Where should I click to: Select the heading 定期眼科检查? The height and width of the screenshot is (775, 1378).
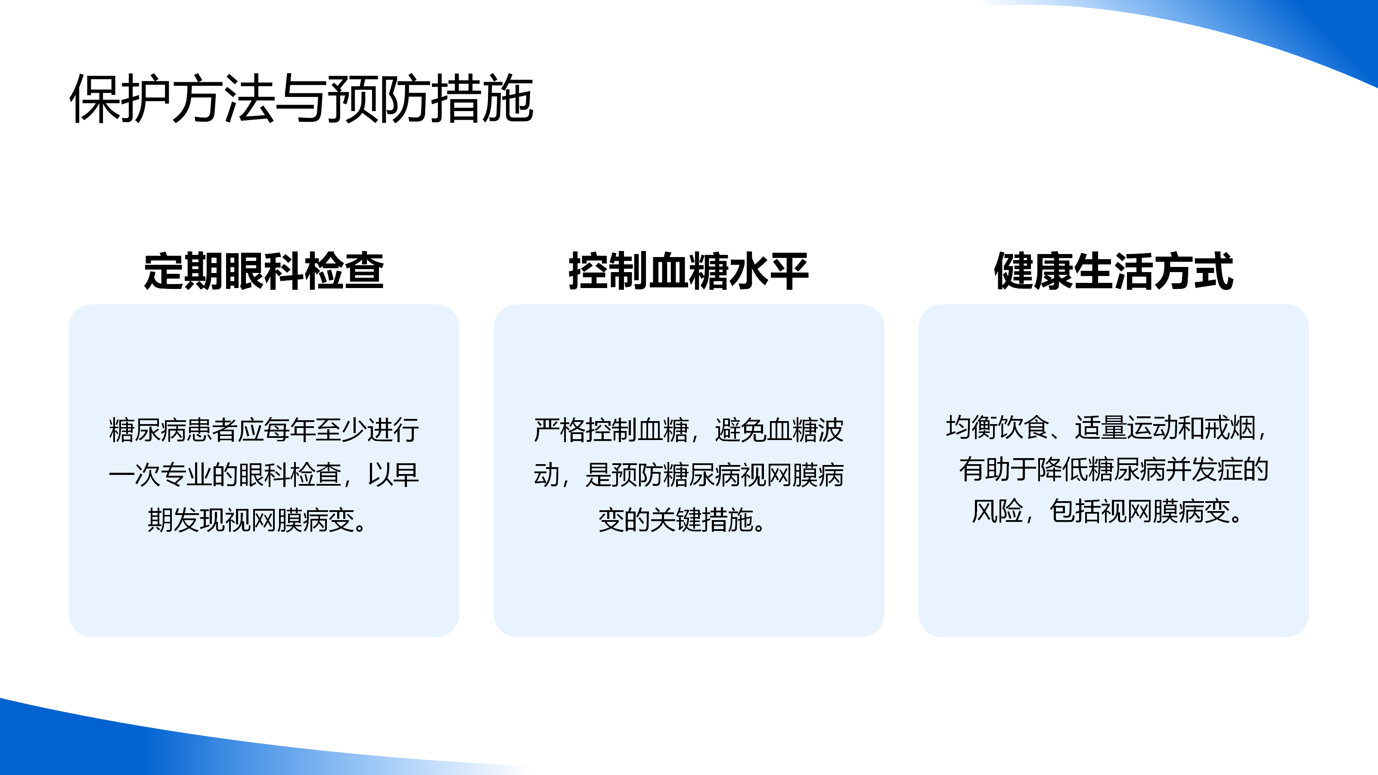point(264,271)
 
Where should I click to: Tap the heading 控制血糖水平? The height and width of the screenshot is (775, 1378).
point(689,271)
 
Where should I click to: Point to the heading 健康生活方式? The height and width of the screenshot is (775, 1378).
point(1113,271)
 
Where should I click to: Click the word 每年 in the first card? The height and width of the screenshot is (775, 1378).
point(289,430)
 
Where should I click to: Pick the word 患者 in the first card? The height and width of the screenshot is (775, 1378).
point(212,430)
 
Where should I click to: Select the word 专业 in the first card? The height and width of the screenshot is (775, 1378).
point(186,475)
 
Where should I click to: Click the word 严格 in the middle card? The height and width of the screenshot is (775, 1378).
point(559,430)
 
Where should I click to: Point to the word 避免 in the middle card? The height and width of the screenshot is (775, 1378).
point(740,430)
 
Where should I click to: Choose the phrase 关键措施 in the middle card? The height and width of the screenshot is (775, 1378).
point(701,520)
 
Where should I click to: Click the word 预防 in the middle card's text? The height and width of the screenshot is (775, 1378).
point(636,475)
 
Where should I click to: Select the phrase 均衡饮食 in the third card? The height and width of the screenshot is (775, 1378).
point(997,428)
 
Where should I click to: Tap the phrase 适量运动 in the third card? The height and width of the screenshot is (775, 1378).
point(1127,428)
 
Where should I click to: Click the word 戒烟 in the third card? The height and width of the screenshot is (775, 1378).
point(1230,428)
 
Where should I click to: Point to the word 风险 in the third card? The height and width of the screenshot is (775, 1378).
point(997,512)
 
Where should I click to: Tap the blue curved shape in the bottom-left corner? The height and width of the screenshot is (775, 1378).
point(134,744)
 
